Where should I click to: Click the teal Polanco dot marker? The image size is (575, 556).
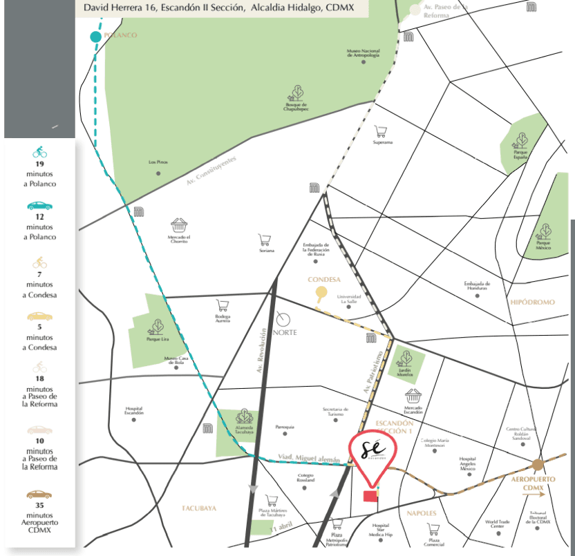point(95,37)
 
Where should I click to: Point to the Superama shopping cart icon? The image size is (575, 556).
point(381,131)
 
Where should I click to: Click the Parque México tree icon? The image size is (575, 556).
point(545,230)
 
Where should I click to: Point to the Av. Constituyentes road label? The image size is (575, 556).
point(211,171)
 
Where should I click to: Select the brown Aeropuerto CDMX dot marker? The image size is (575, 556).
point(538,464)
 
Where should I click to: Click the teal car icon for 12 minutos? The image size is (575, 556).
point(39,206)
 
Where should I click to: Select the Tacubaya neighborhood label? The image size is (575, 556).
point(200,508)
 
